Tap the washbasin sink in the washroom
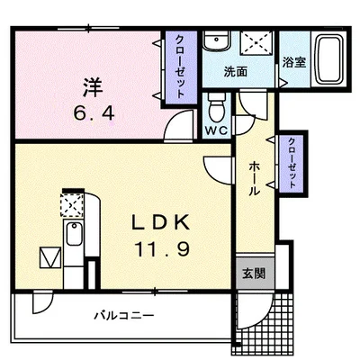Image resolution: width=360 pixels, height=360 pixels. (x=215, y=42)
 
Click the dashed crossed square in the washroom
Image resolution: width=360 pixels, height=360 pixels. (x=258, y=43)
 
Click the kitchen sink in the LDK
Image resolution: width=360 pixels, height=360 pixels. (x=71, y=238)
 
